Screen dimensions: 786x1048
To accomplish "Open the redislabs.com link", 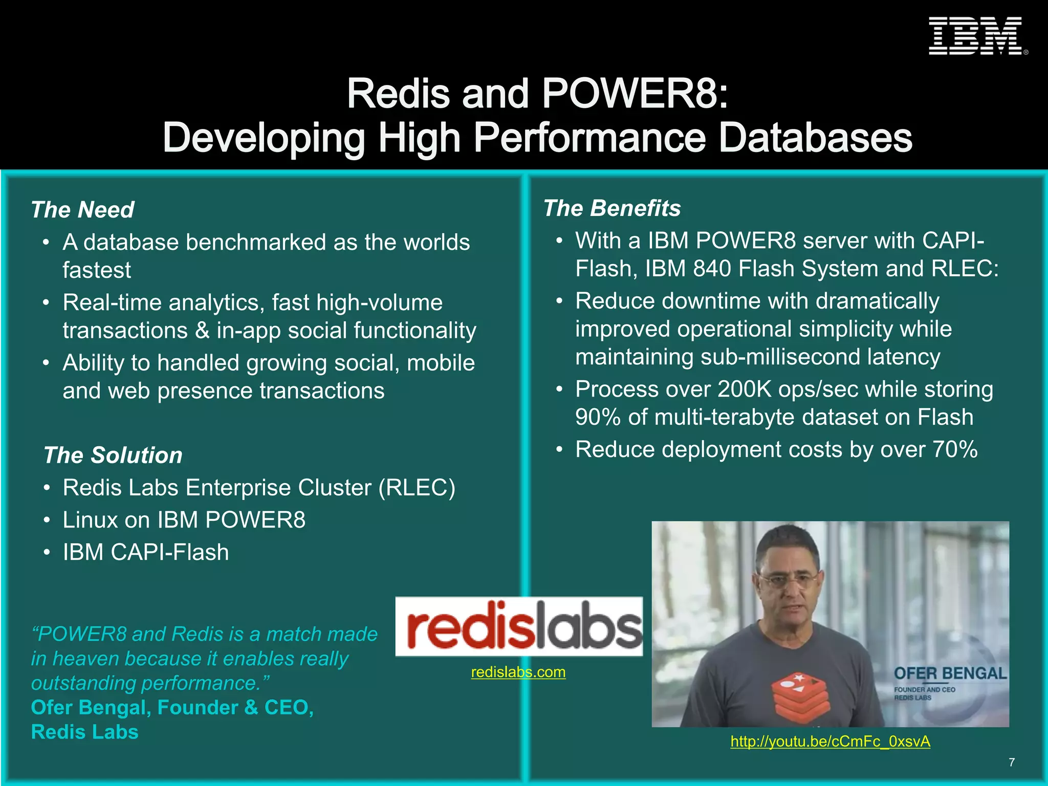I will tap(518, 672).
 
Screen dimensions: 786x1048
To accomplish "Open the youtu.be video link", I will tap(830, 741).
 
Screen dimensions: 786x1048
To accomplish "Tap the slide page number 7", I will tap(1012, 762).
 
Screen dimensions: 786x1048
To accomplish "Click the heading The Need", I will tap(82, 210).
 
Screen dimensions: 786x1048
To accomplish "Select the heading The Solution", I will tap(113, 455).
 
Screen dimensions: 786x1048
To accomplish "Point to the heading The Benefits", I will tap(612, 208).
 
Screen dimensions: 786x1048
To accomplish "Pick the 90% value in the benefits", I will tap(598, 418).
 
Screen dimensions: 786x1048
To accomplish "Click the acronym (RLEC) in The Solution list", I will tap(417, 488).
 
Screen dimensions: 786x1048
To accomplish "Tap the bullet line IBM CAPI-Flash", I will tap(146, 553).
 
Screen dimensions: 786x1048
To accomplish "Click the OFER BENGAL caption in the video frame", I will tap(950, 673).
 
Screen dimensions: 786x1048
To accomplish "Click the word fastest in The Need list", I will tap(97, 270).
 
